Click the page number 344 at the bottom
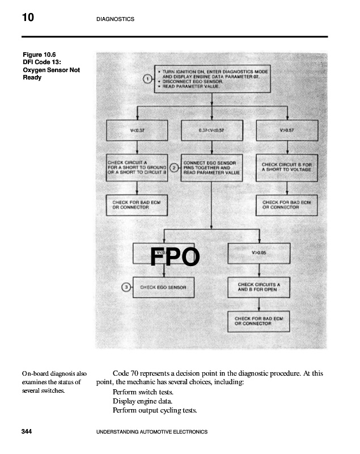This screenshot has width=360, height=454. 26,432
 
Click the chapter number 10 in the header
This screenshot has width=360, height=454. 28,18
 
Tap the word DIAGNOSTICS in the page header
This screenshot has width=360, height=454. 115,19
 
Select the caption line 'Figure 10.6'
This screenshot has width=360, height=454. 39,55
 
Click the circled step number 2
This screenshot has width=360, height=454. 174,168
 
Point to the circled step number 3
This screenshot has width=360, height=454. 128,287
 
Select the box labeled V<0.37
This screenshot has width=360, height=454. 137,130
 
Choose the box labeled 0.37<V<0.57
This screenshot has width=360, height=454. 211,130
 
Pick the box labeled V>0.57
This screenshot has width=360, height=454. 286,130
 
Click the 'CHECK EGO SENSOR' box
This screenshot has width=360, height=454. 163,287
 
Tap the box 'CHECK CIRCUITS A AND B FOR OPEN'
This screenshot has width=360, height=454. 259,287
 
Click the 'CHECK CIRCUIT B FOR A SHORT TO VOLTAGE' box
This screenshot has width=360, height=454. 286,167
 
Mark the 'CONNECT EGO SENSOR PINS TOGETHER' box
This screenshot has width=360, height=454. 211,167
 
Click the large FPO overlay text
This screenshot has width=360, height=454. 175,257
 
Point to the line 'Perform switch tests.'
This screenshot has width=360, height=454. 143,392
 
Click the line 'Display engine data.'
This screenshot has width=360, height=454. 142,401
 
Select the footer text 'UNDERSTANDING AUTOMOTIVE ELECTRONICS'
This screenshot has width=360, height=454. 153,432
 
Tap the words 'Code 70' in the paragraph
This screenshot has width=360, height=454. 126,373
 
